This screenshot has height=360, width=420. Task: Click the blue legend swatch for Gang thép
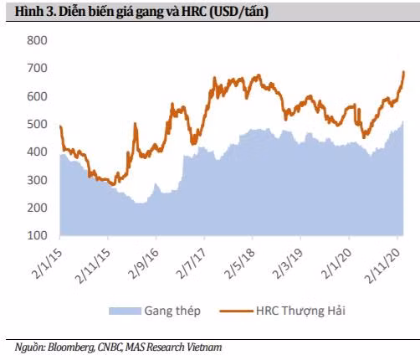[124, 311]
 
